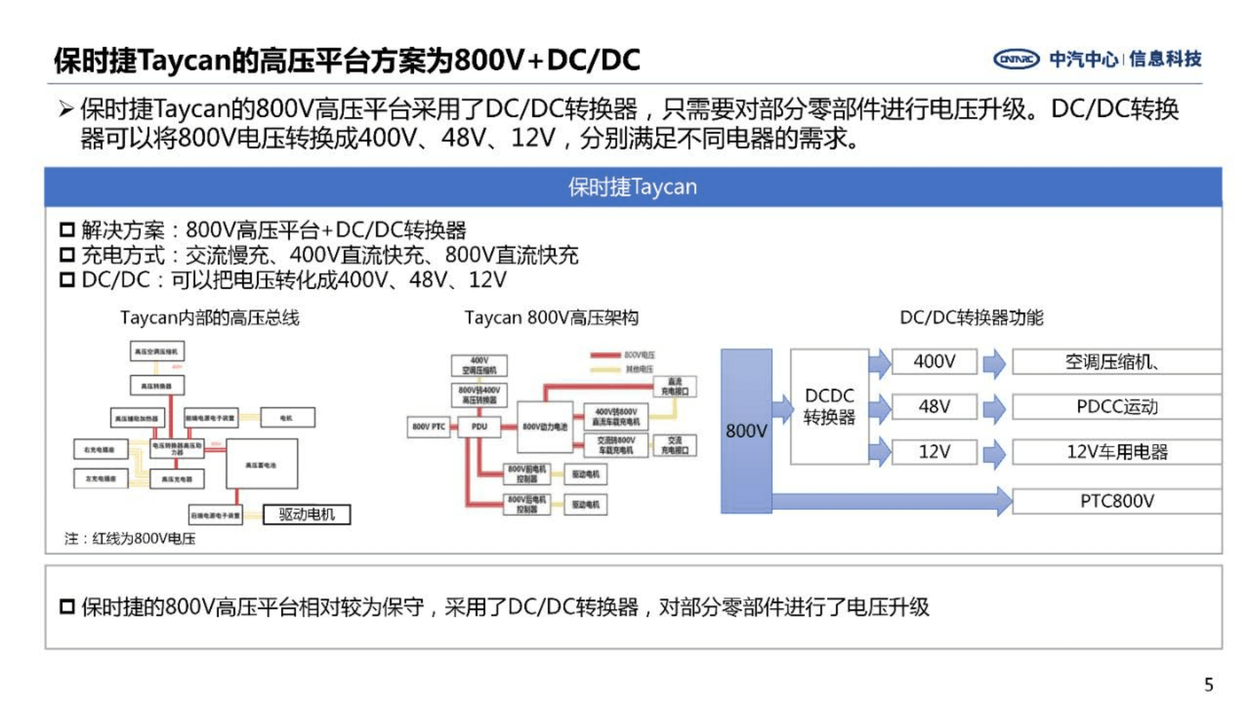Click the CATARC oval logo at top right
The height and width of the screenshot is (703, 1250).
pyautogui.click(x=1016, y=60)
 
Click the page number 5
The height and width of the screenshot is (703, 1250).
pyautogui.click(x=1208, y=685)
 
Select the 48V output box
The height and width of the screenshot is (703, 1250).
pyautogui.click(x=934, y=406)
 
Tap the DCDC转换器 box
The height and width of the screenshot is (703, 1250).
pyautogui.click(x=829, y=406)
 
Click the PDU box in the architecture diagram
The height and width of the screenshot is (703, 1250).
pyautogui.click(x=479, y=427)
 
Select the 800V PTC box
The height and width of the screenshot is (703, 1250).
pyautogui.click(x=429, y=427)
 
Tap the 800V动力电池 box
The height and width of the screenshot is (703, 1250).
pyautogui.click(x=545, y=427)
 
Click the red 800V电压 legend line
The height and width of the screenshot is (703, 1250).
pyautogui.click(x=605, y=355)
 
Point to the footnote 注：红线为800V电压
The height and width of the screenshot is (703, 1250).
pyautogui.click(x=130, y=539)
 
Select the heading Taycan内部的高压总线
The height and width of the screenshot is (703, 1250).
pyautogui.click(x=209, y=318)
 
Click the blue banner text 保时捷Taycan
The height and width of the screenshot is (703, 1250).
pyautogui.click(x=633, y=187)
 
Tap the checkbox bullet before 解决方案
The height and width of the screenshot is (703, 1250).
pyautogui.click(x=67, y=230)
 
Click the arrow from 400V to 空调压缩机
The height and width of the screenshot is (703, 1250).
pyautogui.click(x=994, y=363)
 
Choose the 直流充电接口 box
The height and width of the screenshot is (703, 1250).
pyautogui.click(x=675, y=386)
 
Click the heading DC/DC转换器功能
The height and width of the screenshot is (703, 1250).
pyautogui.click(x=971, y=318)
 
